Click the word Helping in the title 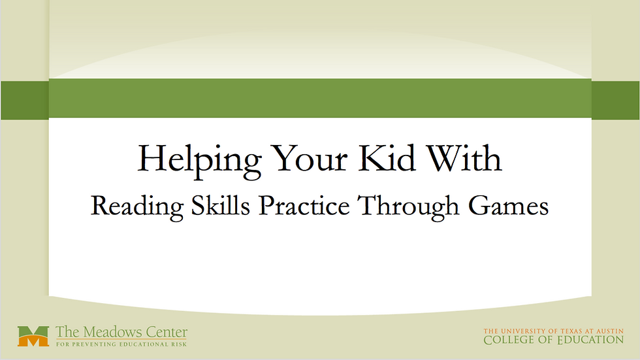pyautogui.click(x=200, y=161)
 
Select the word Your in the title pyautogui.click(x=310, y=157)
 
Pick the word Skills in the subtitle pyautogui.click(x=221, y=205)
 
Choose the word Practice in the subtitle pyautogui.click(x=304, y=205)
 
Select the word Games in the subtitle pyautogui.click(x=508, y=205)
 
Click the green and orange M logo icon pyautogui.click(x=33, y=336)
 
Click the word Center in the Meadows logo pyautogui.click(x=163, y=332)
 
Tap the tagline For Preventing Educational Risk pyautogui.click(x=121, y=344)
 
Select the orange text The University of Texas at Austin pyautogui.click(x=554, y=331)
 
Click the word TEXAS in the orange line pyautogui.click(x=569, y=331)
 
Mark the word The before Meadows pyautogui.click(x=65, y=332)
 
